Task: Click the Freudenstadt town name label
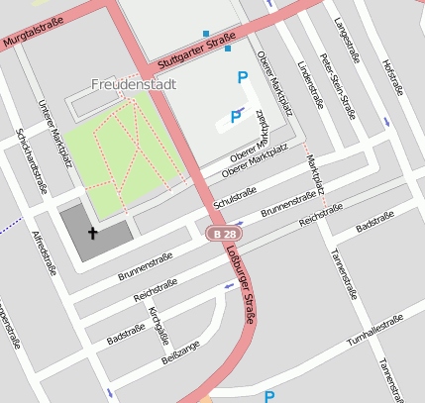coord(134,84)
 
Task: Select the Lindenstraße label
coord(311,86)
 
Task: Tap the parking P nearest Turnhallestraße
coord(268,396)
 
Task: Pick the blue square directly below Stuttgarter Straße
coord(228,48)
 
